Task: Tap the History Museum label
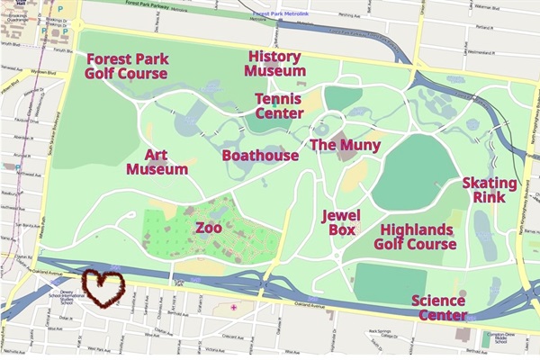(275, 64)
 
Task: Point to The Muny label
(345, 145)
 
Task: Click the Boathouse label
(260, 156)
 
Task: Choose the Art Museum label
(157, 162)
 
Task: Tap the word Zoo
(210, 229)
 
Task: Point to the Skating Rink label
(490, 189)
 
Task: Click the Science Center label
(439, 308)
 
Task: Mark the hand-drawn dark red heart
(103, 288)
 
